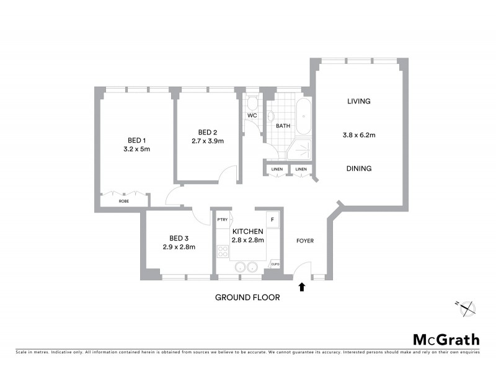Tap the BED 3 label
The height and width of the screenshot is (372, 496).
pos(179,237)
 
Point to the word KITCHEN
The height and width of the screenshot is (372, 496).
pos(248,231)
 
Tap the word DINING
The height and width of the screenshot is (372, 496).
pos(359,168)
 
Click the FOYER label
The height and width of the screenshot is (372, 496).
pos(305,240)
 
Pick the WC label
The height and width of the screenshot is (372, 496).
pos(252,116)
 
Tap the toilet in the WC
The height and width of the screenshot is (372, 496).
pos(252,103)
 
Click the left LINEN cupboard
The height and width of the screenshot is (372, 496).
pos(277,169)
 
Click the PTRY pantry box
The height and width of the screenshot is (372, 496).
pos(222,219)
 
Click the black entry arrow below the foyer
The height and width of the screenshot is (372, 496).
pos(302,286)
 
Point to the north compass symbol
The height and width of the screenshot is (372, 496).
pos(466,307)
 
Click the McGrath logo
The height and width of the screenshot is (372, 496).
pos(446,339)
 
